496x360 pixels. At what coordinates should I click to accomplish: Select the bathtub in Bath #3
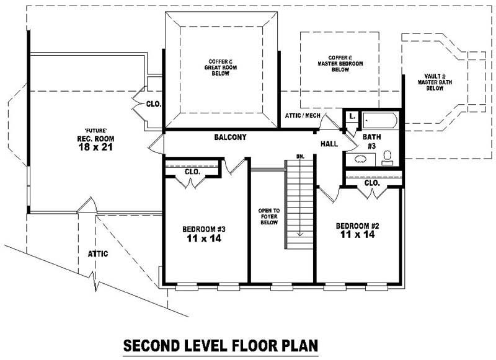point(379,120)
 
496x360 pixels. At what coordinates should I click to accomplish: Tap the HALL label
point(329,144)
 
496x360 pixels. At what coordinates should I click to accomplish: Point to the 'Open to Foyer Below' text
point(268,216)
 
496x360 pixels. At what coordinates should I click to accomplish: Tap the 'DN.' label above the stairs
point(300,156)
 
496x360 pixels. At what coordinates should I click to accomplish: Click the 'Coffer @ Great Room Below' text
point(217,68)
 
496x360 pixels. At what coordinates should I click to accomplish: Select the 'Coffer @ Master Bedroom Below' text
point(340,63)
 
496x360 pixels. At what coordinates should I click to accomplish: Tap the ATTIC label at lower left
point(99,253)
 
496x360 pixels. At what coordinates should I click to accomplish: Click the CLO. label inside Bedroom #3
point(192,172)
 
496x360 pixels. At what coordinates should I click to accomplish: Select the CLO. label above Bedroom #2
point(372,183)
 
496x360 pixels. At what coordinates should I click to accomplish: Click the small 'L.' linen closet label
point(351,115)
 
